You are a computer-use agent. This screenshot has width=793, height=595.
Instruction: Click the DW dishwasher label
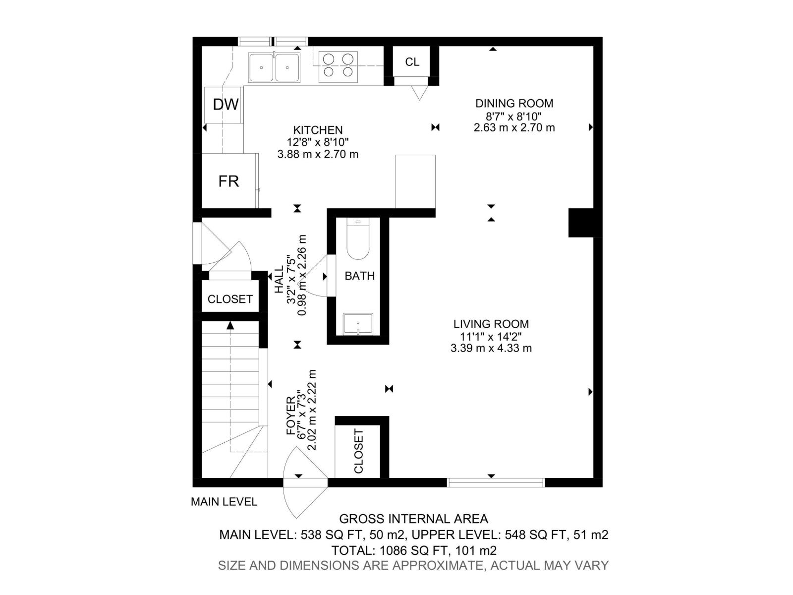coord(226,105)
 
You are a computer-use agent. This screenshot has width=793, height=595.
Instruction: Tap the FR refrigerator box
coord(228,181)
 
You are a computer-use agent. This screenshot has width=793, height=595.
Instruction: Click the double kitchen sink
coord(274,68)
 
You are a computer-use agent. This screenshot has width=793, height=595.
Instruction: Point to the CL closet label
coord(412,61)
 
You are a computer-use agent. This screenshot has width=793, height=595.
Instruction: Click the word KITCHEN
coord(318,130)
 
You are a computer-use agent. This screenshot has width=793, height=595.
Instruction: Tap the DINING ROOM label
coord(514,103)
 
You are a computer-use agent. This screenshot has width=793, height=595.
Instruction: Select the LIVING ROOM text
coord(491,324)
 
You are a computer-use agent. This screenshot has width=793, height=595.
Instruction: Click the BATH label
coord(359,276)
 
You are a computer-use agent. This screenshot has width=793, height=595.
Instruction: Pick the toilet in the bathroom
coord(358,239)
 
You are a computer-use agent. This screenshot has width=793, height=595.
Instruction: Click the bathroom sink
coord(358,324)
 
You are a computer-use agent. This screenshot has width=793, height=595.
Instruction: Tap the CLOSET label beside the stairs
coord(230,299)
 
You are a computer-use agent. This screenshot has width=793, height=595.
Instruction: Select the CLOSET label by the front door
coord(358,451)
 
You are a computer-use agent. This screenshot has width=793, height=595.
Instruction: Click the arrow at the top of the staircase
coord(230,326)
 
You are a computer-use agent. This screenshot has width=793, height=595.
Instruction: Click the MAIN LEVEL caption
coord(224,502)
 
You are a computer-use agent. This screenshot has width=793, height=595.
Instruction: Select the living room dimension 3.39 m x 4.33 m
coord(491,348)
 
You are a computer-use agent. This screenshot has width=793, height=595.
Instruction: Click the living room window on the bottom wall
coord(496,482)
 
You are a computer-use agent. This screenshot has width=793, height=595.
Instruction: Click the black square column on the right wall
coord(581,223)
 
